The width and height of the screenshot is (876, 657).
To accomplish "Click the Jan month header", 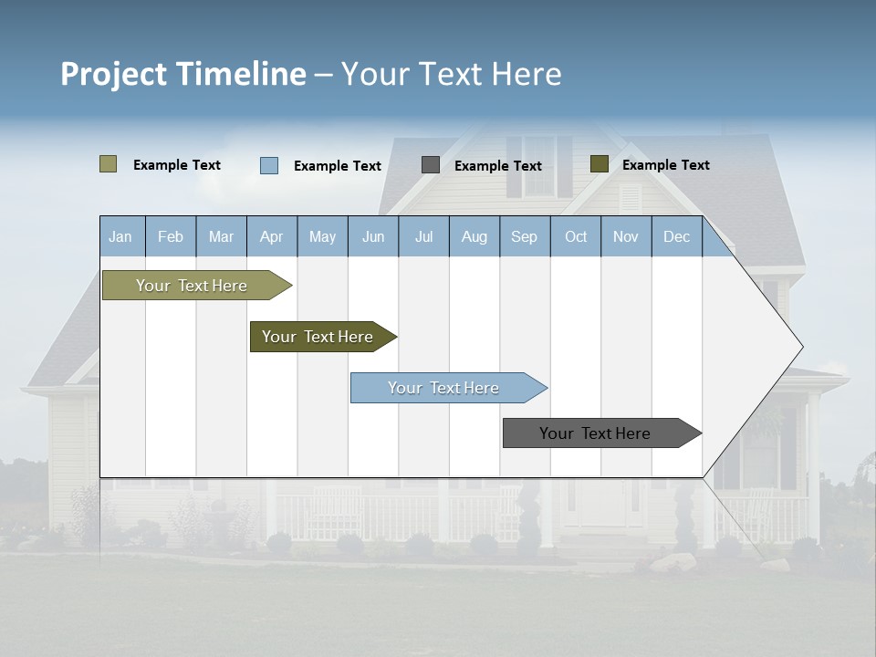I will [x=120, y=236].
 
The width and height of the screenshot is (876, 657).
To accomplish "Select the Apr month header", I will [x=271, y=236].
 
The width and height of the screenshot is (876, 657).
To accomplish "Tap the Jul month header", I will [x=423, y=236].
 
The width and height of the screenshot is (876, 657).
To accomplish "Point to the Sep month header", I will [x=524, y=236].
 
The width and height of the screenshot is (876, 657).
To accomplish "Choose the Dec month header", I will [x=676, y=236].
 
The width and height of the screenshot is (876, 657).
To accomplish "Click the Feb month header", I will [x=171, y=236].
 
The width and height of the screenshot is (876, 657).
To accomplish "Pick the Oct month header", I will [x=576, y=236].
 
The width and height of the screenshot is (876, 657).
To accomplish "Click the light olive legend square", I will [x=109, y=164].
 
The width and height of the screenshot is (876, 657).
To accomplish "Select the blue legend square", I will [x=269, y=165].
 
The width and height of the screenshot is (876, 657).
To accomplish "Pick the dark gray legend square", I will [x=431, y=164].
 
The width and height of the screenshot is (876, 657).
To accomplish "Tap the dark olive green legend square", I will [x=599, y=164].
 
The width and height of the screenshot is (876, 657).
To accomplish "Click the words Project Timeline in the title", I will [x=183, y=74].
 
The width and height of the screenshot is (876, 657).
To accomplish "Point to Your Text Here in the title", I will [x=451, y=74].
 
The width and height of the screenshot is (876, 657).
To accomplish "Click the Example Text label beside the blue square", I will [x=338, y=166].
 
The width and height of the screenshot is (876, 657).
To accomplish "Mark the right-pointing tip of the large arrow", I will [x=801, y=347].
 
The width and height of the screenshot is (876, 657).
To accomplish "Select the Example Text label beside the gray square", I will [x=498, y=166].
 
